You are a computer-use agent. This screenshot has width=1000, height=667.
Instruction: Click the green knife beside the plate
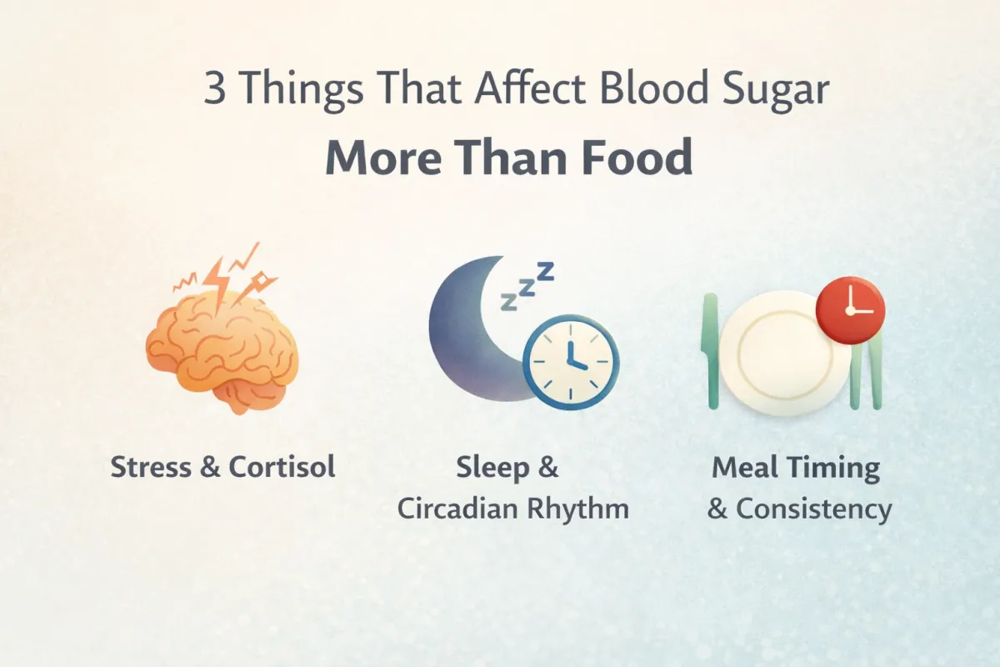711,350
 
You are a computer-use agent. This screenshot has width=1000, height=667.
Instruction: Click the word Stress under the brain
150,467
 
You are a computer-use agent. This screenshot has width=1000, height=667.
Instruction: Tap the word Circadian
454,509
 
